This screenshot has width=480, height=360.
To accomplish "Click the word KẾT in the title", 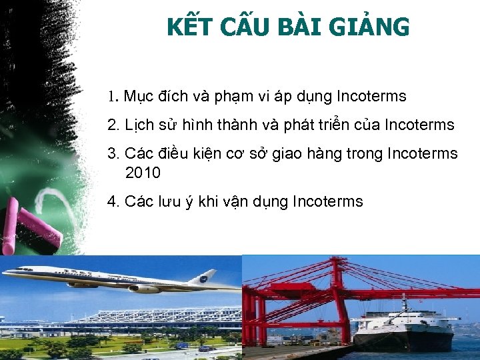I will click(189, 27).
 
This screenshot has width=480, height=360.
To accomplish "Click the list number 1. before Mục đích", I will click(113, 97).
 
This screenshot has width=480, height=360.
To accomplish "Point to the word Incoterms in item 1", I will click(371, 97).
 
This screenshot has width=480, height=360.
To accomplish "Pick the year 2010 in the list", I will click(143, 173).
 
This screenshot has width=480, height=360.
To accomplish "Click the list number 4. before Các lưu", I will click(113, 201).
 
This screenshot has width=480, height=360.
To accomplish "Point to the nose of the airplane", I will click(8, 272).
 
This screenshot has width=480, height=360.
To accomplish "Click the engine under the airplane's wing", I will click(143, 289).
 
